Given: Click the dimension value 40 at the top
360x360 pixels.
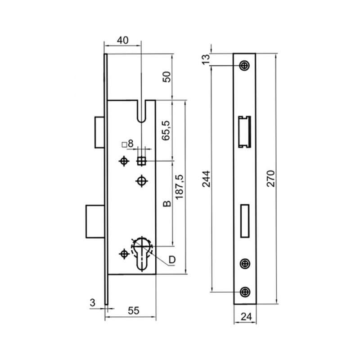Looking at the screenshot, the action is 122,40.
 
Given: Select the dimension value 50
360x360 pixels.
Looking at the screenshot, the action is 167,77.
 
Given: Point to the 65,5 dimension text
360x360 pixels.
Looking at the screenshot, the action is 166,130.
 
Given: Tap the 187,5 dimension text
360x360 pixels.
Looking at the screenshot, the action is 179,187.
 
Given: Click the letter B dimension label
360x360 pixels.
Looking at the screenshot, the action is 167,204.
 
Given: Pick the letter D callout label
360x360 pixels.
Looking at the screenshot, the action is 172,260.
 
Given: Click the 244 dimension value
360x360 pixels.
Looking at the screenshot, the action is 206,179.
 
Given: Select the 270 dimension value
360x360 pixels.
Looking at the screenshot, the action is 271,178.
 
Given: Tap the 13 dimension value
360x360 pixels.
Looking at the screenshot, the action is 206,59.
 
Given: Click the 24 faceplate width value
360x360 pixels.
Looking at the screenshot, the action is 246,317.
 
